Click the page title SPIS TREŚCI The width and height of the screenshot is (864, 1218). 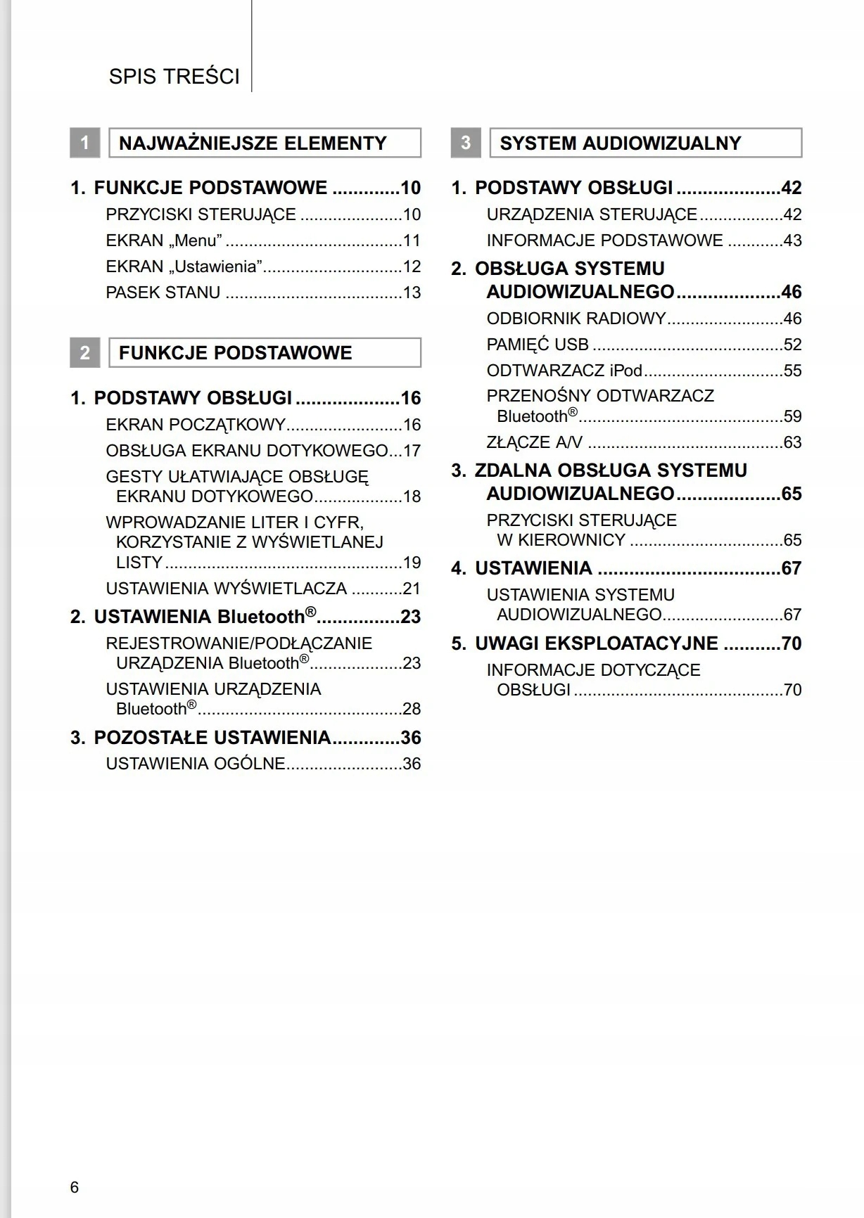(174, 77)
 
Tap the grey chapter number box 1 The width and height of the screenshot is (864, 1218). (84, 143)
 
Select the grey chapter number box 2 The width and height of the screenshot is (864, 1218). (84, 352)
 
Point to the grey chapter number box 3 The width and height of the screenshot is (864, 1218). (465, 143)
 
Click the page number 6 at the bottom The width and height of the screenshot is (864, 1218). (75, 1187)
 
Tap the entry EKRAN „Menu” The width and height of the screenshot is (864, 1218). (164, 241)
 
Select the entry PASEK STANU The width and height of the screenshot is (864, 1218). (163, 293)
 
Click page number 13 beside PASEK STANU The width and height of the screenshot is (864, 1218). (412, 293)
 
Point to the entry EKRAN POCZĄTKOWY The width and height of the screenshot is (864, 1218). (196, 425)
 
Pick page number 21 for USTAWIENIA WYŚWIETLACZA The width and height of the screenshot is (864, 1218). (412, 589)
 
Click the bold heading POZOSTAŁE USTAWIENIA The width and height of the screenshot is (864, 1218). (212, 738)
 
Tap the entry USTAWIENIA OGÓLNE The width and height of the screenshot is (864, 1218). (196, 764)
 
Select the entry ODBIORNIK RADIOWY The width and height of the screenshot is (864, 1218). (576, 319)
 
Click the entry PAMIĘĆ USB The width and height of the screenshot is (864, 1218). (538, 345)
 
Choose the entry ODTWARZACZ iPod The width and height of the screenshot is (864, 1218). (564, 371)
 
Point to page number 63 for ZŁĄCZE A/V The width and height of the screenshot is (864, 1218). (792, 442)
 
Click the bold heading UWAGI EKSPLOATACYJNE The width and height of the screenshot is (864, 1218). (596, 643)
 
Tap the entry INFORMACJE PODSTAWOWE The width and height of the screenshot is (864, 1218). (604, 241)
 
